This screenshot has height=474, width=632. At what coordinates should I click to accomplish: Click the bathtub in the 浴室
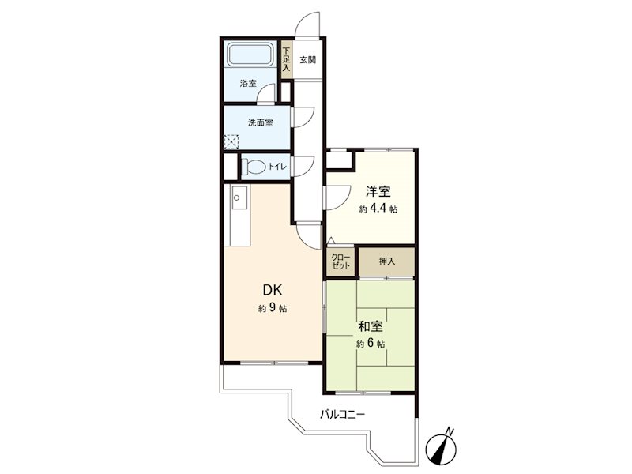pos(250,55)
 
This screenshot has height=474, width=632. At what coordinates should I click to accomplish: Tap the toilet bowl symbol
pos(253,166)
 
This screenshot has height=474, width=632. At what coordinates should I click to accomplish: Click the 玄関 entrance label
pos(307,60)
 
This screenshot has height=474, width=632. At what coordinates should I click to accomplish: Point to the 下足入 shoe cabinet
pos(286,60)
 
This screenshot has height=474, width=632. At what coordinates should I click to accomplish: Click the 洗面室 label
pos(260,122)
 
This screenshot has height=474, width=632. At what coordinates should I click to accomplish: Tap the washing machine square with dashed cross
pos(231,142)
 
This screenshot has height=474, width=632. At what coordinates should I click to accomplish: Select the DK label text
pos(273,289)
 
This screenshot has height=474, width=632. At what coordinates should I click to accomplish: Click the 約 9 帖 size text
pos(273,309)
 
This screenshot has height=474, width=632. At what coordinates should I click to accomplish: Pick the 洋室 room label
pos(378,191)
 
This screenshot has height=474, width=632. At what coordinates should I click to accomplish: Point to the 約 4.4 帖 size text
pos(378,209)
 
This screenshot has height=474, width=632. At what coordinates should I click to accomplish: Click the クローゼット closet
pos(341,261)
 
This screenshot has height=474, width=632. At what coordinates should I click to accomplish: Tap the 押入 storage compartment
pos(386,261)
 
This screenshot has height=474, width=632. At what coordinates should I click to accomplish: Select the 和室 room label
pos(371,326)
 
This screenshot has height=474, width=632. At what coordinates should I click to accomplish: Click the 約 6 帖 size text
pos(371,344)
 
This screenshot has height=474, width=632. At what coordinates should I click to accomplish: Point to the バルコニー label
pos(343,414)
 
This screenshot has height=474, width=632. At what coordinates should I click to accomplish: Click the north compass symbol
pos(442,449)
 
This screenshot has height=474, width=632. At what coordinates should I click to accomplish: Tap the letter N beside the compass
pos(450,431)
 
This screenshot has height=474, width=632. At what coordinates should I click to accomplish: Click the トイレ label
pos(277,166)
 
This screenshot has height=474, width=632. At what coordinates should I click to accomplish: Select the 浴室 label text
pos(248,84)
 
